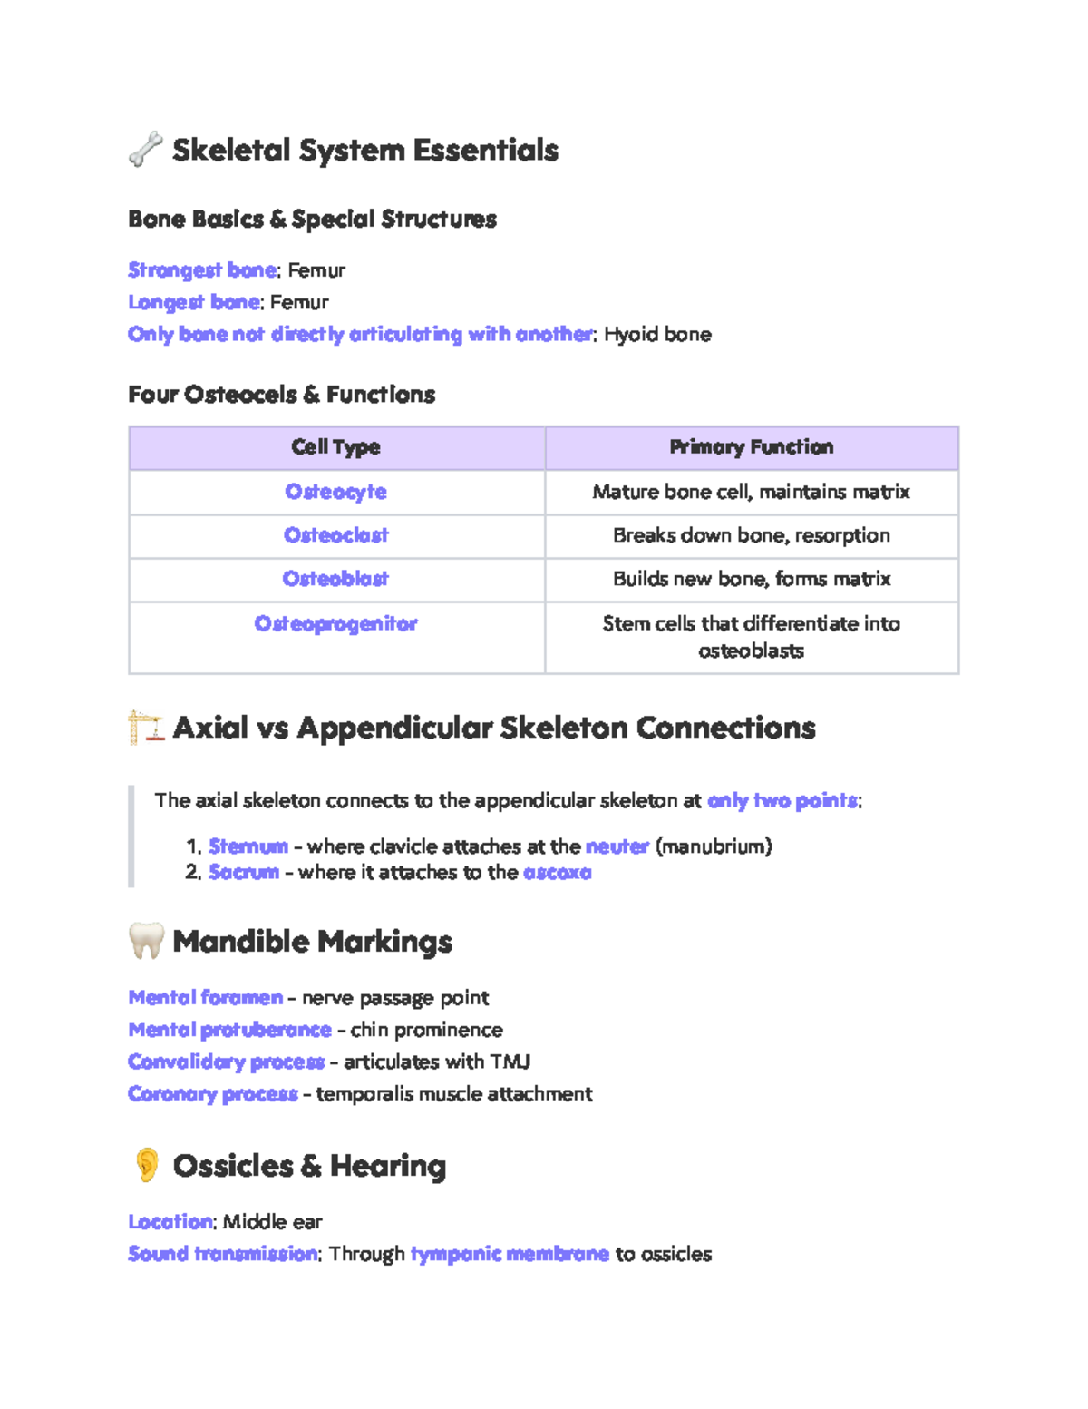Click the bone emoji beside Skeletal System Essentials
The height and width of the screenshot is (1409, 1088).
point(145,150)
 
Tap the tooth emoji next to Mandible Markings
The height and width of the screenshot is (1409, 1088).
point(145,941)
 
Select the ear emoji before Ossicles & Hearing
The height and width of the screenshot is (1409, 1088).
point(146,1165)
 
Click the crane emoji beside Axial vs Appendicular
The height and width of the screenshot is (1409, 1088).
point(145,728)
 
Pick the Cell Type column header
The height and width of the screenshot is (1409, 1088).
point(335,447)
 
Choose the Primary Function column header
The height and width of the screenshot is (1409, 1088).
point(751,447)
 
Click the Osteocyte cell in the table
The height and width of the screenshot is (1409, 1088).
point(335,492)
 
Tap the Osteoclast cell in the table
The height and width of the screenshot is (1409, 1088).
point(335,535)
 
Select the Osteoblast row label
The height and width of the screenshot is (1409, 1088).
point(335,579)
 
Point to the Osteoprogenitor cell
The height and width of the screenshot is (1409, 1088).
point(335,624)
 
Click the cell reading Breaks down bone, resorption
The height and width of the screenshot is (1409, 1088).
point(751,535)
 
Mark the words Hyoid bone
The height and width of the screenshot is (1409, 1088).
point(657,335)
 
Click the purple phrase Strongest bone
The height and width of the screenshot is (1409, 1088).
point(202,270)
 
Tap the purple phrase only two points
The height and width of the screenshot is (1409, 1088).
point(782,800)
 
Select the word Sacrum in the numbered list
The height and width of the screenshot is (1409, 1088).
point(244,872)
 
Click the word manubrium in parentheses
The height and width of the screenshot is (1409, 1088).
point(714,846)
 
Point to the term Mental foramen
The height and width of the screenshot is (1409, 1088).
point(206,998)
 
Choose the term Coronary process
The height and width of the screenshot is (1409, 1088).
point(213,1094)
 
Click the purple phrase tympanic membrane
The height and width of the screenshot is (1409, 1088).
point(510,1254)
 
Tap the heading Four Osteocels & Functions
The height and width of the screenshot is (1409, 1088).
point(281,395)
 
